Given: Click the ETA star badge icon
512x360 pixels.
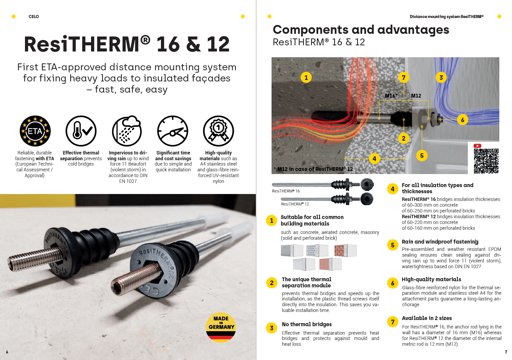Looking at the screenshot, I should pyautogui.click(x=35, y=131).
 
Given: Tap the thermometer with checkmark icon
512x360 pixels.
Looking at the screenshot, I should pyautogui.click(x=81, y=131).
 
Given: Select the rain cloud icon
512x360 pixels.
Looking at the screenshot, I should pyautogui.click(x=127, y=131).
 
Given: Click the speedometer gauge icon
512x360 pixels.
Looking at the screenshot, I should pyautogui.click(x=173, y=131).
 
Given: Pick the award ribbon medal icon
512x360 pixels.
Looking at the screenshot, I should pyautogui.click(x=218, y=131).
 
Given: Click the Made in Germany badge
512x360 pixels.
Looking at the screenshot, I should pyautogui.click(x=221, y=327).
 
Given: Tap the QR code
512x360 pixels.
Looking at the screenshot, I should pyautogui.click(x=486, y=161).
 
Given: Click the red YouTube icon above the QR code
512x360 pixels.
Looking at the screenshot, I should pyautogui.click(x=477, y=146).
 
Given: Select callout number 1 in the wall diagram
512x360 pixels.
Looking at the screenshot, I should pyautogui.click(x=306, y=77).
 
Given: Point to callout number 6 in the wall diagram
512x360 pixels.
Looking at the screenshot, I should pyautogui.click(x=462, y=120).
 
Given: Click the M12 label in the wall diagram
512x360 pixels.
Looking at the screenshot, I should pyautogui.click(x=416, y=96).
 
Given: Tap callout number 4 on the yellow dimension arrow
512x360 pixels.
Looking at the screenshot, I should pyautogui.click(x=374, y=158).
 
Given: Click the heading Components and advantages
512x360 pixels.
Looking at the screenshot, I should pyautogui.click(x=361, y=30).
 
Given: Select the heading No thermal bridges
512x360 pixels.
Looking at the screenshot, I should pyautogui.click(x=307, y=324).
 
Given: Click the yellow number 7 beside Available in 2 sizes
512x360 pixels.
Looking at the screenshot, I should pyautogui.click(x=393, y=322).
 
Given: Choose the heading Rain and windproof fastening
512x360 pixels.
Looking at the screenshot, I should pyautogui.click(x=440, y=242).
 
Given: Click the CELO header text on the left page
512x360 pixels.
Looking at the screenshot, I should pyautogui.click(x=34, y=17).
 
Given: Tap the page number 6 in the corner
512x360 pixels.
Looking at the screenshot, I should pyautogui.click(x=7, y=352).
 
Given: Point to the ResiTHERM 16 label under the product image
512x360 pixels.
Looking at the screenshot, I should pyautogui.click(x=286, y=191).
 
